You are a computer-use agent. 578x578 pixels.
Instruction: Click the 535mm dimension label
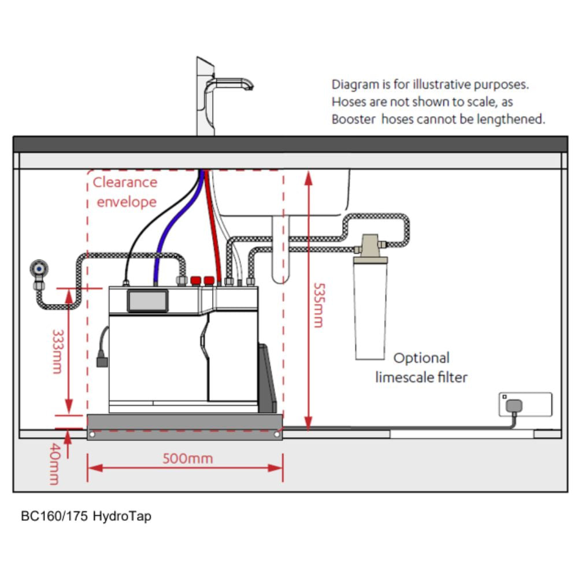pos(317,305)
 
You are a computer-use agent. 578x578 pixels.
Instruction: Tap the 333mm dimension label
pos(57,351)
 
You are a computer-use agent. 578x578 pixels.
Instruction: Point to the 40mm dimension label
pos(54,464)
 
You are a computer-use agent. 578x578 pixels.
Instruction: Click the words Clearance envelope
pos(125,192)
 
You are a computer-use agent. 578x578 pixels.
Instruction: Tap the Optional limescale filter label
pos(421,368)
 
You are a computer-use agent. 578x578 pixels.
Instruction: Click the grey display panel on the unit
pos(147,301)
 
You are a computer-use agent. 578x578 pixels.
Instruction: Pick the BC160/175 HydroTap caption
pos(86,516)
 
